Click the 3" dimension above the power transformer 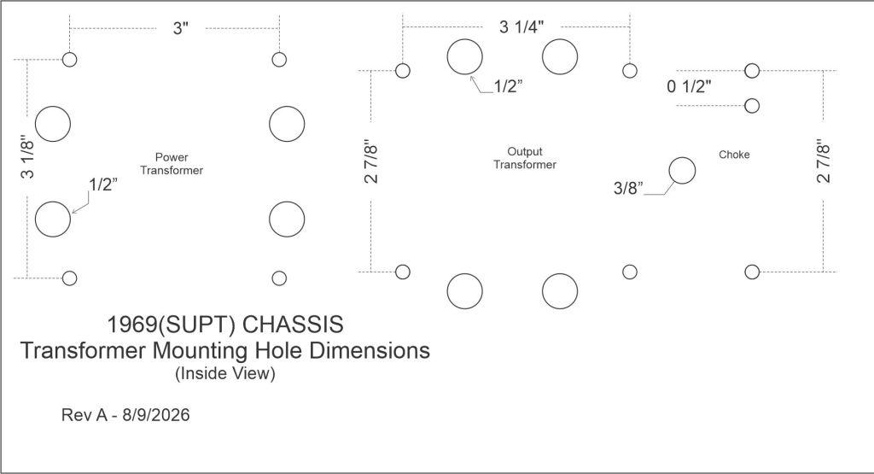(181, 28)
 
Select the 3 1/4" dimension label (521, 26)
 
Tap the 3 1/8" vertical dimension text (27, 156)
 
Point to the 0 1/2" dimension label (689, 86)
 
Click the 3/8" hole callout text (628, 188)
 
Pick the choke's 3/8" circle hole (682, 171)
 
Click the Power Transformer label (172, 164)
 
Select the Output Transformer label (525, 158)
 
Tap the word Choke (734, 155)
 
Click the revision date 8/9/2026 (156, 415)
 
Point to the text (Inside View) (225, 373)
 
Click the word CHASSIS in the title (294, 325)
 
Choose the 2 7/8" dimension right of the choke (824, 163)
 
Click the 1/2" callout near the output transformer (509, 86)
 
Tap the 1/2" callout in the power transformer (103, 184)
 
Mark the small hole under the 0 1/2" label (752, 105)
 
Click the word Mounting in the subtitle (201, 351)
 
